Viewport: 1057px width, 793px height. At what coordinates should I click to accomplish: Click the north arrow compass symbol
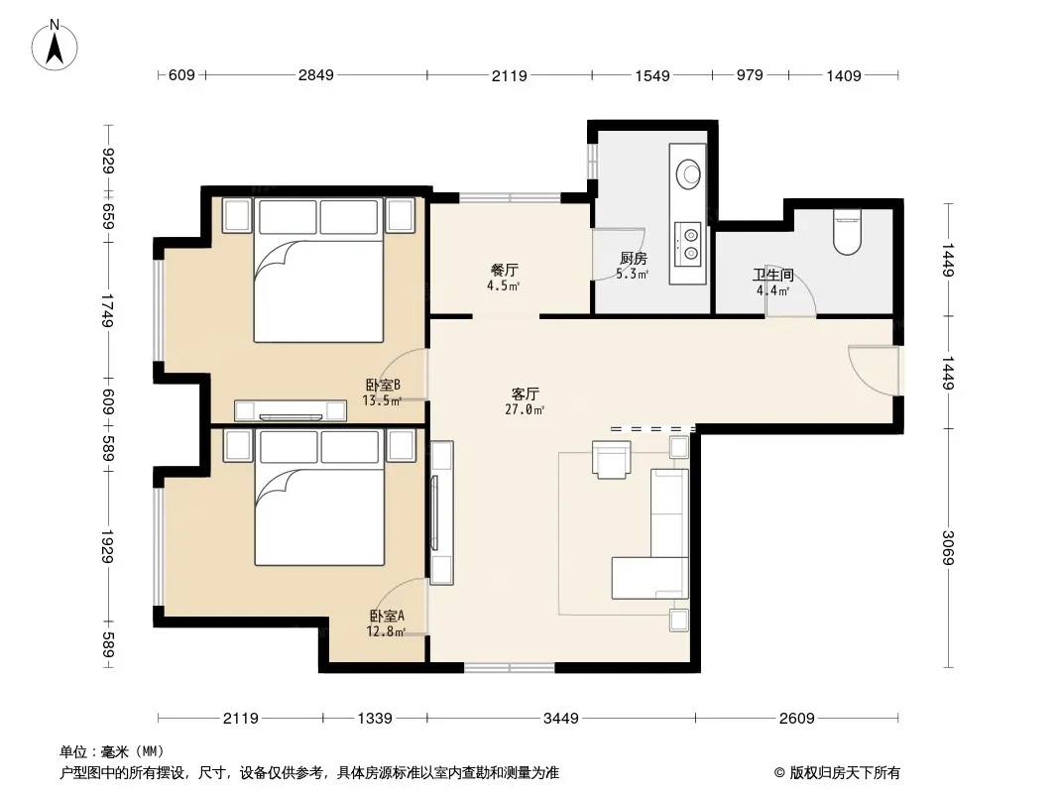pyautogui.click(x=55, y=46)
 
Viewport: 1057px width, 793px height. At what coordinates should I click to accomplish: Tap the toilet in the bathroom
pyautogui.click(x=848, y=232)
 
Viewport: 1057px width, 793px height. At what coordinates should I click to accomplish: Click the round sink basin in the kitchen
pyautogui.click(x=688, y=173)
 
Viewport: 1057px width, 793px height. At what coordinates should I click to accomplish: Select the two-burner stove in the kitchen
pyautogui.click(x=689, y=243)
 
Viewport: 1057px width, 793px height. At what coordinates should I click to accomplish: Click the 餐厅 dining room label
pyautogui.click(x=505, y=271)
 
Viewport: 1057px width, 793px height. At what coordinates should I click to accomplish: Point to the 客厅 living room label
pyautogui.click(x=525, y=394)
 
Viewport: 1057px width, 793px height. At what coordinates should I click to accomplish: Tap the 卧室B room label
pyautogui.click(x=383, y=385)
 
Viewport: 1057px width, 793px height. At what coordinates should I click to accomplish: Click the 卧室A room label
pyautogui.click(x=387, y=616)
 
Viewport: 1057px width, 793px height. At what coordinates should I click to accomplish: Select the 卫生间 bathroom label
pyautogui.click(x=772, y=275)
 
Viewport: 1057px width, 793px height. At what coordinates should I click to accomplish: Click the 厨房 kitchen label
pyautogui.click(x=633, y=258)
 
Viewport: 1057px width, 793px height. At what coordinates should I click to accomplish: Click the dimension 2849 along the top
pyautogui.click(x=316, y=74)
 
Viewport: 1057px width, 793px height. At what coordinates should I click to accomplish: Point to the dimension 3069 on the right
pyautogui.click(x=949, y=548)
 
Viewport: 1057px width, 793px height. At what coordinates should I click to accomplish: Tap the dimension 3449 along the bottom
pyautogui.click(x=561, y=719)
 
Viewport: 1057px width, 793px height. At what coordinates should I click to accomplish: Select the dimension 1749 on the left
pyautogui.click(x=108, y=310)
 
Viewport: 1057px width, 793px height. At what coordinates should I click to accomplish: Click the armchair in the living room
pyautogui.click(x=612, y=459)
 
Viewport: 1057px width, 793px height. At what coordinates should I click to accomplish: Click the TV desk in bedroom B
pyautogui.click(x=291, y=410)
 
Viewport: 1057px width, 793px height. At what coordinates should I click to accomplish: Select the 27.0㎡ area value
pyautogui.click(x=525, y=409)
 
